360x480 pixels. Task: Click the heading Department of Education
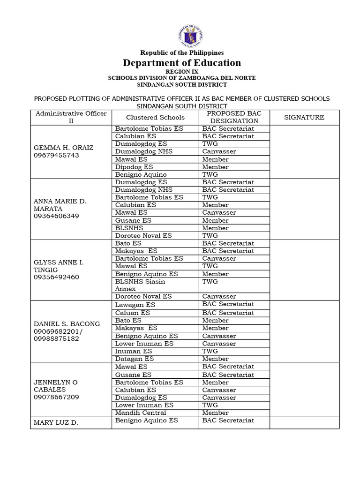point(182,63)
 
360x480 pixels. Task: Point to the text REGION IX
point(182,71)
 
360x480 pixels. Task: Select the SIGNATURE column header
point(304,117)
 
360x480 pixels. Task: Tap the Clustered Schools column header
point(155,117)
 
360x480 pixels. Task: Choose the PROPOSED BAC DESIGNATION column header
point(234,117)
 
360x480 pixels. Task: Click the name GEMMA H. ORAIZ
point(63,148)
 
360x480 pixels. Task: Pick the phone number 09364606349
point(56,216)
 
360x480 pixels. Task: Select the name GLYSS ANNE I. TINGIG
point(58,266)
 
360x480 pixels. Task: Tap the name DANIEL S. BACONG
point(67,324)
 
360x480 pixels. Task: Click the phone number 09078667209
point(56,397)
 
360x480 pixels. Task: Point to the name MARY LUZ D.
point(56,423)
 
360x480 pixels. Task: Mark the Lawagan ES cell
point(135,305)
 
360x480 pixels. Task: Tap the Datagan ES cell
point(135,359)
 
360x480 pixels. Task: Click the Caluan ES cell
point(133,313)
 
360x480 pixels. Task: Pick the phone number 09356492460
point(56,277)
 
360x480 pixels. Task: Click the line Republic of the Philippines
point(182,53)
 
